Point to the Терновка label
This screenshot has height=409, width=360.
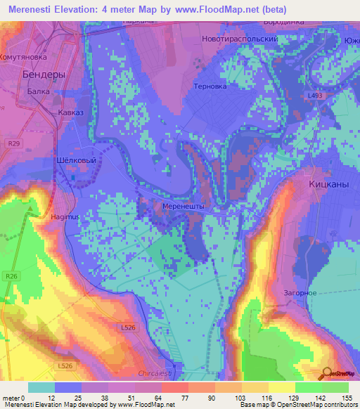tap(210, 86)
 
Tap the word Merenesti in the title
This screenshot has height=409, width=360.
tap(33, 9)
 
